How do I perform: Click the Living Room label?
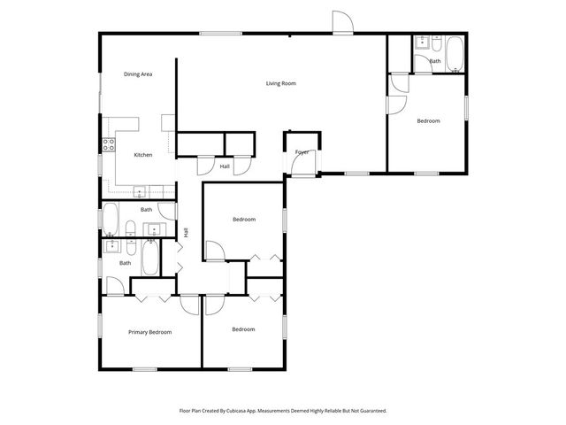point(281,84)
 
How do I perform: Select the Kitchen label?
point(142,155)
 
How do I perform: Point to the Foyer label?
point(302,152)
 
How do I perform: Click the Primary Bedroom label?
point(149,332)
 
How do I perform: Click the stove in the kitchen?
point(110,145)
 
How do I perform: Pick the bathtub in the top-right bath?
point(454,53)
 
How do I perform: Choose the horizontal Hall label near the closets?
point(225,166)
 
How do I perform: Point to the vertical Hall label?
point(187,232)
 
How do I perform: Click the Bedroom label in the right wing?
point(428,120)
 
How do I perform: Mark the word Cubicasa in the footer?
point(243,411)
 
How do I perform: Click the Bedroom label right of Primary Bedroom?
point(243,329)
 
